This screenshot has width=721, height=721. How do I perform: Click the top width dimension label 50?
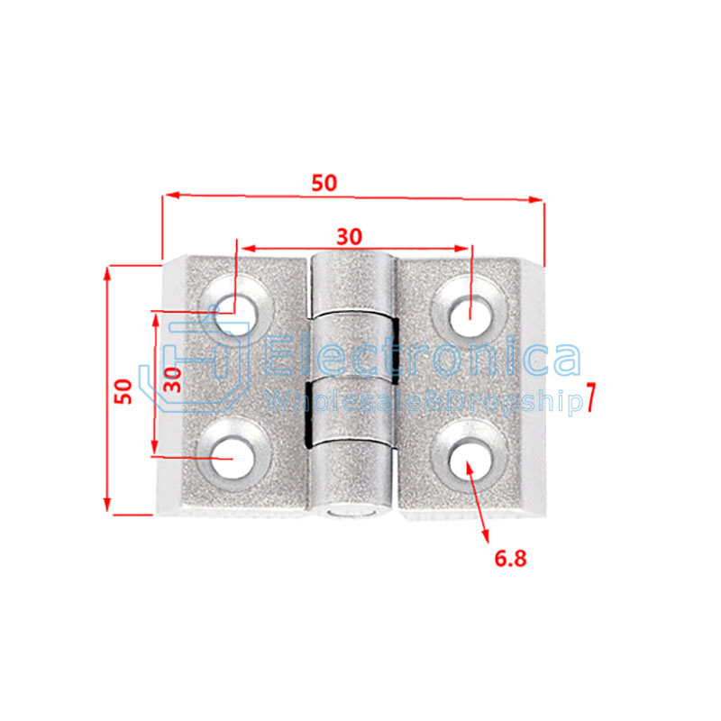tap(324, 183)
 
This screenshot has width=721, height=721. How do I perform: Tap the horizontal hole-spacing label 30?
tap(350, 237)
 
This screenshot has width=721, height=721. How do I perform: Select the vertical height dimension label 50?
tap(123, 392)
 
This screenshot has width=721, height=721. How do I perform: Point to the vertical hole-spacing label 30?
tap(173, 379)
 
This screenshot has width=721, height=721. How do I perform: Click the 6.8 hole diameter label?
tap(510, 559)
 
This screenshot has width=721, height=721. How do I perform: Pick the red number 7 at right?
tap(590, 397)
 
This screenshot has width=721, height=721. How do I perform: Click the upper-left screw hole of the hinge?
tap(236, 317)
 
